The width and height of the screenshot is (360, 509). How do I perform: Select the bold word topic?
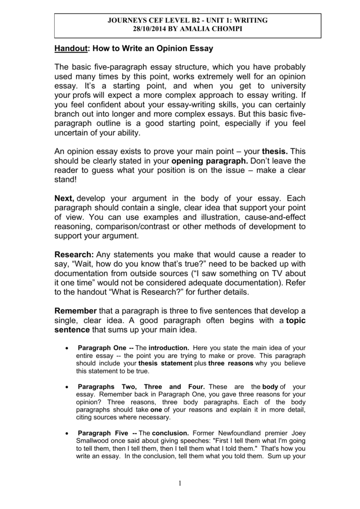click(291, 321)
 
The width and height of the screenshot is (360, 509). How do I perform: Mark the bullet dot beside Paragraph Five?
click(67, 433)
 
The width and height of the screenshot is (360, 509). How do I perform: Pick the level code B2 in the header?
click(201, 20)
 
